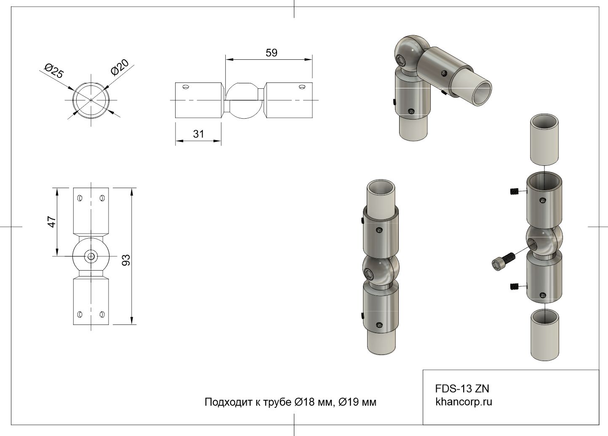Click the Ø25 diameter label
pyautogui.click(x=54, y=70)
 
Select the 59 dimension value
pyautogui.click(x=272, y=53)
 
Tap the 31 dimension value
pyautogui.click(x=198, y=134)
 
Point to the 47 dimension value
pyautogui.click(x=51, y=222)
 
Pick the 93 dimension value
pyautogui.click(x=126, y=260)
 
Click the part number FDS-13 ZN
pyautogui.click(x=462, y=389)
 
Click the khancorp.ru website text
pyautogui.click(x=464, y=402)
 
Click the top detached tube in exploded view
pyautogui.click(x=544, y=140)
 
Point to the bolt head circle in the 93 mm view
pyautogui.click(x=91, y=256)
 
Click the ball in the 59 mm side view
pyautogui.click(x=244, y=101)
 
